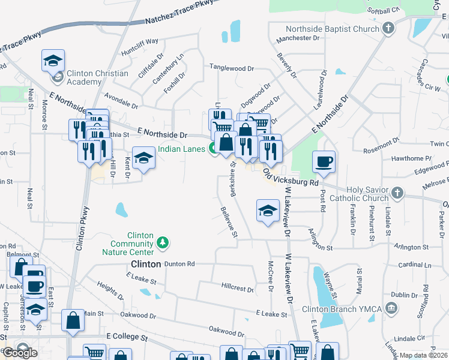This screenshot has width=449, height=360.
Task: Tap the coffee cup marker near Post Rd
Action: tap(324, 162)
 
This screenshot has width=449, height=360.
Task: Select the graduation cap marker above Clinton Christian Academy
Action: tap(53, 61)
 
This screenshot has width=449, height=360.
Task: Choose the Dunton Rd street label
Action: tap(179, 263)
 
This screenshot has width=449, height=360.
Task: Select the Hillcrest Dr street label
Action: tap(237, 287)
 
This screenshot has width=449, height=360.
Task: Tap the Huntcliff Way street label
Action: tap(139, 42)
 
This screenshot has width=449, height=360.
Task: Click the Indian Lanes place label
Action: tap(181, 149)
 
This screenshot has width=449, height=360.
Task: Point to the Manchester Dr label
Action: tap(298, 38)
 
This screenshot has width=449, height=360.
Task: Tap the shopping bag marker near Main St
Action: tap(73, 322)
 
